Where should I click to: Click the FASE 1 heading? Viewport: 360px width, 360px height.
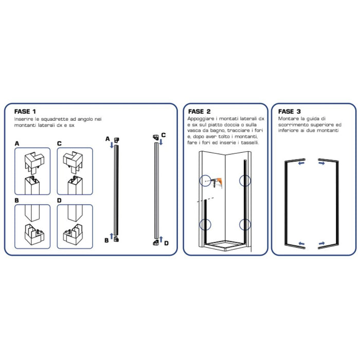click(25, 112)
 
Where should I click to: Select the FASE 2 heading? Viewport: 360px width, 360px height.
click(200, 112)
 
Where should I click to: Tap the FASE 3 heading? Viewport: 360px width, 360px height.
click(289, 112)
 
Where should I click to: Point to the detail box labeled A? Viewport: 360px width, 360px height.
click(32, 171)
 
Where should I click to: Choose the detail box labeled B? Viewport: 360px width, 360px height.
click(32, 227)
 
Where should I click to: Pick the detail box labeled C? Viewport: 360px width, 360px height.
click(75, 171)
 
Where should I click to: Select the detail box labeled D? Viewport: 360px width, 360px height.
click(75, 227)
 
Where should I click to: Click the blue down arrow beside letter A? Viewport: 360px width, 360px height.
click(112, 145)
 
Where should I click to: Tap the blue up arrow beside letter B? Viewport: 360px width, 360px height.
click(112, 236)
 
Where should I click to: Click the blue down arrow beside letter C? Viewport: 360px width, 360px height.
click(161, 141)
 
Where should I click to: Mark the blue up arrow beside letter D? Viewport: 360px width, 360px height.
click(161, 239)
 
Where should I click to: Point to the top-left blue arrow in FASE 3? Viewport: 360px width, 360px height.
click(301, 163)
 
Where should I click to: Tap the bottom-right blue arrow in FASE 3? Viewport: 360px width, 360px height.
click(322, 243)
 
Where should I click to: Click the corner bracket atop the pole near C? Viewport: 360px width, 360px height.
click(156, 137)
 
